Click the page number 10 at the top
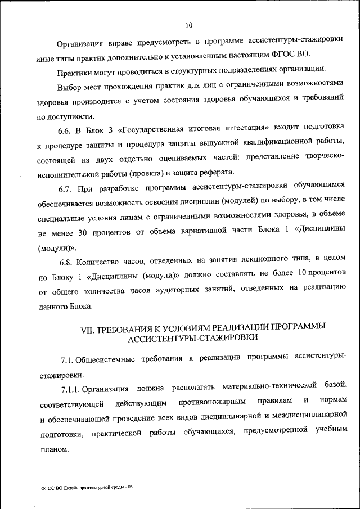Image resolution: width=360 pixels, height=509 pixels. (188, 25)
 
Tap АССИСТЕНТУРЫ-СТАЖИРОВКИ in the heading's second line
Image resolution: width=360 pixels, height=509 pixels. (193, 337)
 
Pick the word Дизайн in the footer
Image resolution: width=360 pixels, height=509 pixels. (70, 487)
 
